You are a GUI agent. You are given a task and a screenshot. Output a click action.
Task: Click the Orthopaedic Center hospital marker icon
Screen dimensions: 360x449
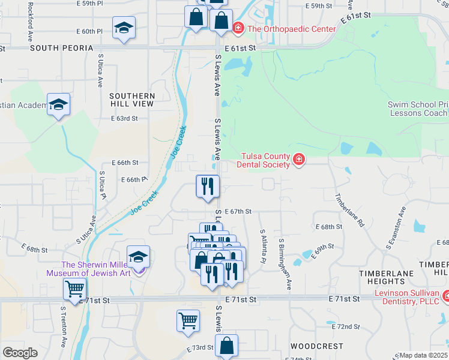(x=238, y=28)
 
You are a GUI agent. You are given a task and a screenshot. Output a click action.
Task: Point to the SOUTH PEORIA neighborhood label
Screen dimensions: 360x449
(x=62, y=47)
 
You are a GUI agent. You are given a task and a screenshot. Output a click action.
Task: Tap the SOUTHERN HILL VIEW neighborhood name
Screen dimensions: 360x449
(x=131, y=100)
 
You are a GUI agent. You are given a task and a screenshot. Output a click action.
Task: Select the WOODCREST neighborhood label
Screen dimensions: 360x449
(x=317, y=346)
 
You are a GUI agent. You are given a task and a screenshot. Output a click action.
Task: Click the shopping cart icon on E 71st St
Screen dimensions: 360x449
(x=75, y=289)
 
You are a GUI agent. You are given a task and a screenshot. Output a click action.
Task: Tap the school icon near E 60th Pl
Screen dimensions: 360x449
(x=124, y=28)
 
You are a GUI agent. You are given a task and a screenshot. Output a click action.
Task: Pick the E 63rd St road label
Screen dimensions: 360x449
(x=124, y=118)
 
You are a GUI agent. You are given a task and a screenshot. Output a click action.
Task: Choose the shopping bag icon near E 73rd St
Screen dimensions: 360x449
(x=226, y=346)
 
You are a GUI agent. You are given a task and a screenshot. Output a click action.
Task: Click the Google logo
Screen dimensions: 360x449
(x=20, y=353)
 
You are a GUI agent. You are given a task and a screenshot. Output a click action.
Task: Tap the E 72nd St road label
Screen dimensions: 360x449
(x=346, y=326)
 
